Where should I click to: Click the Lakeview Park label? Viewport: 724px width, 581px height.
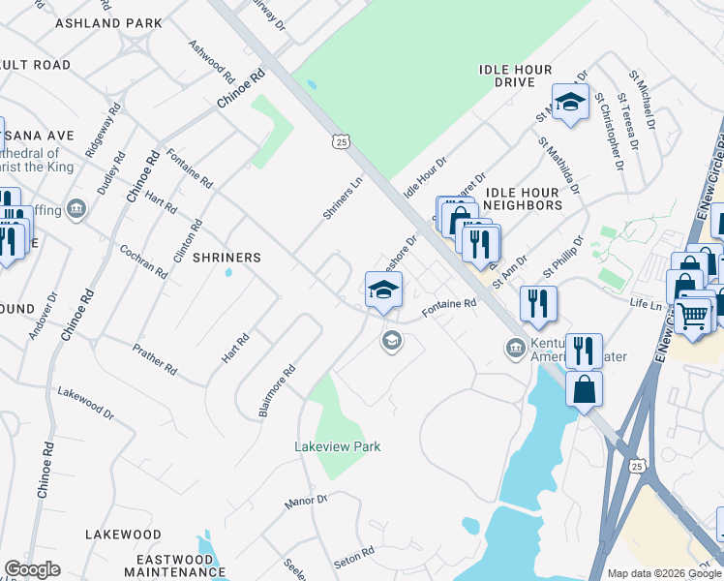[x=337, y=446]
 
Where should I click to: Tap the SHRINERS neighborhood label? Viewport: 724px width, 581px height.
[x=226, y=258]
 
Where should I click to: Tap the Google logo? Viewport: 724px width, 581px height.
[x=32, y=569]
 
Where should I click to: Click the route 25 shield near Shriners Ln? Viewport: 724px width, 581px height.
[x=339, y=142]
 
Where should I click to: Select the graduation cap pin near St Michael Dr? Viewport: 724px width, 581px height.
[x=571, y=102]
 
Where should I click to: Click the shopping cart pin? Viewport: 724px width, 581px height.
[x=692, y=314]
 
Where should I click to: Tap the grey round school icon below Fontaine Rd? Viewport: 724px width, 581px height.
[x=391, y=339]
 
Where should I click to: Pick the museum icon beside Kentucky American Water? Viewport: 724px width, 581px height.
[x=515, y=347]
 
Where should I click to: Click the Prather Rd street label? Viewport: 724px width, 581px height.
[x=156, y=355]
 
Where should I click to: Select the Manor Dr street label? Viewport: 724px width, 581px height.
[x=307, y=501]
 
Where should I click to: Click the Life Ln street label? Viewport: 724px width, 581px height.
[x=645, y=305]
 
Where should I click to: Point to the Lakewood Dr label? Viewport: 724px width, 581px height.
[x=85, y=402]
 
